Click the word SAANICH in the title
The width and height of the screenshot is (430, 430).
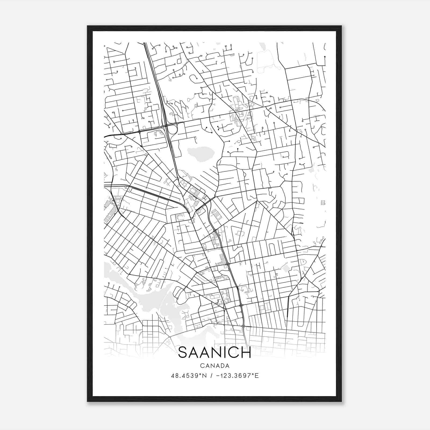[x=214, y=353]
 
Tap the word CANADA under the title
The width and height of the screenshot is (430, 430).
[x=214, y=366]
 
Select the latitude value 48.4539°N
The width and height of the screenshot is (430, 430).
[x=189, y=376]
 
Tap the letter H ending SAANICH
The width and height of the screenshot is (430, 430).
[x=246, y=353]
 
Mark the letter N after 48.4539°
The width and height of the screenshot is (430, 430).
[x=204, y=376]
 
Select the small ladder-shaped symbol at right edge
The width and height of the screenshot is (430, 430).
[x=323, y=202]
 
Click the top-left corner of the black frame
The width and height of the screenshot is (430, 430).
[x=88, y=26]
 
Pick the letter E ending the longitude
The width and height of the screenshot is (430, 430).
[x=257, y=376]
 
